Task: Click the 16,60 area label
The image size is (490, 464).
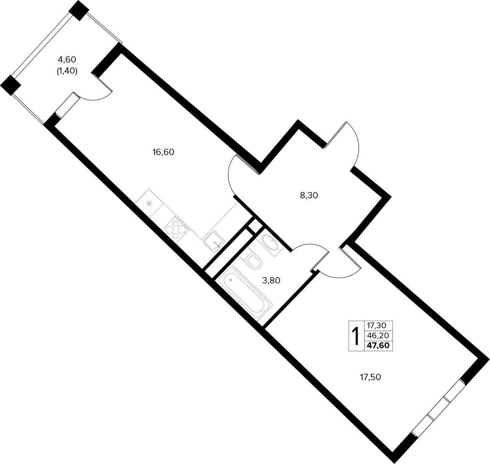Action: coord(163,152)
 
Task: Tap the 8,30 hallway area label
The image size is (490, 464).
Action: coord(309,196)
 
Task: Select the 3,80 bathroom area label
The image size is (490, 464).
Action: coord(271,281)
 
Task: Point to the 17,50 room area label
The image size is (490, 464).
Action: coord(370,377)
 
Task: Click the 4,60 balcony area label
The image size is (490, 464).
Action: coord(67,60)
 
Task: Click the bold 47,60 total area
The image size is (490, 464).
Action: coord(378,346)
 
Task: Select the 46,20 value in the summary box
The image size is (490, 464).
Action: coord(378,336)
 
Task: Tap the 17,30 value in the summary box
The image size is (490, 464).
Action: coord(377,325)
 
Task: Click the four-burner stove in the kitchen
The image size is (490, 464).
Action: coord(176,230)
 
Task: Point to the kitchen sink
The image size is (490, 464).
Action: coord(214,242)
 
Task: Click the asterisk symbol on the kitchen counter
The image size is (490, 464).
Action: coord(149,204)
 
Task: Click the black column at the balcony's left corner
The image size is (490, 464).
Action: coord(10,85)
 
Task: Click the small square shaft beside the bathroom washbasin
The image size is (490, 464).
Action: coord(255,226)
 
